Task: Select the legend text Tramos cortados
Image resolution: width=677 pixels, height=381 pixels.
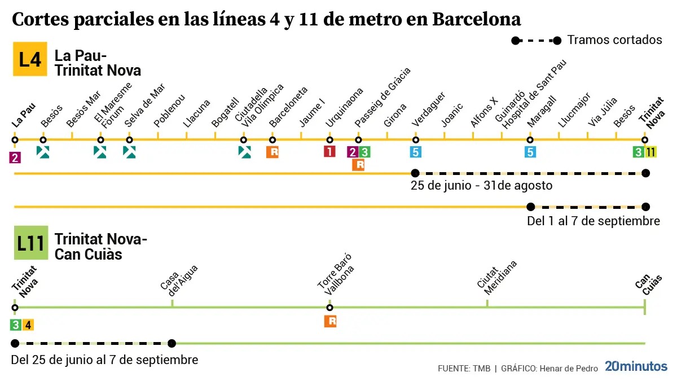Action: coord(614,40)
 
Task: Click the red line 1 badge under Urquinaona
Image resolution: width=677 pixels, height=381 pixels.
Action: coord(329,152)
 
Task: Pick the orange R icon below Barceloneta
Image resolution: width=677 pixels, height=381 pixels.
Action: coord(273,152)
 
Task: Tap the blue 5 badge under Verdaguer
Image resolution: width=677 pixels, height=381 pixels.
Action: coord(416,152)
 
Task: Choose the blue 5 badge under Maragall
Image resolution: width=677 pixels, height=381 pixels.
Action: coord(530,152)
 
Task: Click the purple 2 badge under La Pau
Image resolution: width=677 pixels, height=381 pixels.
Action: coord(15,158)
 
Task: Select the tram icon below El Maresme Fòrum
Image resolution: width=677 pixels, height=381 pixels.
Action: coord(100,152)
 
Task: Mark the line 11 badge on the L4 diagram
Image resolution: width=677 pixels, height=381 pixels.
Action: coord(651,152)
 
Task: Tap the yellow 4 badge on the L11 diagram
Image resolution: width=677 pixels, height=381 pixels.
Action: coord(28,325)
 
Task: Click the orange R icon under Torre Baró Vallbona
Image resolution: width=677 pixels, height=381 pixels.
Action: coord(330,322)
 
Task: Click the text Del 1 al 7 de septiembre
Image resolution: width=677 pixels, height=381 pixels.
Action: coord(593,221)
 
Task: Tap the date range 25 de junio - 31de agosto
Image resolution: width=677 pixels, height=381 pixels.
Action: coord(481,186)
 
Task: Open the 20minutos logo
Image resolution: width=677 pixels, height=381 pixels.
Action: coord(636,366)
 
